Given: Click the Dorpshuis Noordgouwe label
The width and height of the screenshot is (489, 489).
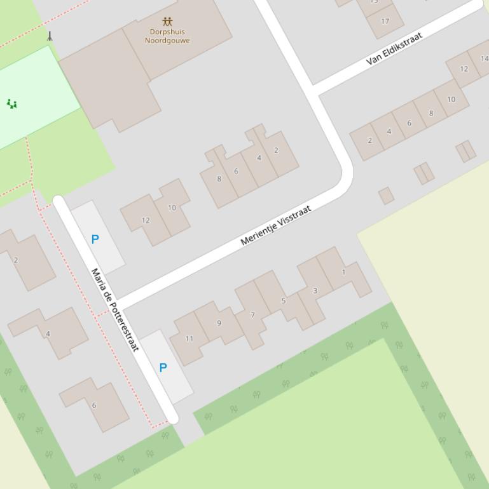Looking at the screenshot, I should [x=167, y=36].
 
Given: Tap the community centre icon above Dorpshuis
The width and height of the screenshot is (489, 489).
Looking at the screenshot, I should [x=167, y=22].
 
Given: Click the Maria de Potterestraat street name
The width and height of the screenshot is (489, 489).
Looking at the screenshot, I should [x=115, y=310].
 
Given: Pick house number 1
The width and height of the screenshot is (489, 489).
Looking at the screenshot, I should [x=343, y=272].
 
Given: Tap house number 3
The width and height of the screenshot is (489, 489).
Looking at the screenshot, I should [x=315, y=291].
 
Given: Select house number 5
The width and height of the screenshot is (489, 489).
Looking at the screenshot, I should [x=284, y=300].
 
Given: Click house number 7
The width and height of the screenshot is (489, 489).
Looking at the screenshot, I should [x=252, y=315].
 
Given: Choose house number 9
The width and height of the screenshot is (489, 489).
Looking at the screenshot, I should [x=219, y=323].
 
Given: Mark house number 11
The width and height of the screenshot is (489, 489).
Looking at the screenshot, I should [x=189, y=338].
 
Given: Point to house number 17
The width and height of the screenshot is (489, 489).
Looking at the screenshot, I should [x=385, y=21].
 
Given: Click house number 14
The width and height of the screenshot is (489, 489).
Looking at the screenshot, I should [x=485, y=59].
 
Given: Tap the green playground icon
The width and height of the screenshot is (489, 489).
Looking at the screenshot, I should [x=11, y=104].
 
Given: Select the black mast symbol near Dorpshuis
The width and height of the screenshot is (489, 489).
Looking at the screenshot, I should [x=50, y=36].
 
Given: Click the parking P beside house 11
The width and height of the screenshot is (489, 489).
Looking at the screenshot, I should [x=163, y=368].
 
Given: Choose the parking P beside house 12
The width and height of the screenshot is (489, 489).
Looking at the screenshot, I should [x=95, y=239].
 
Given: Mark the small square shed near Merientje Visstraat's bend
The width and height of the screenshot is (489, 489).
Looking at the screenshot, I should [x=386, y=196].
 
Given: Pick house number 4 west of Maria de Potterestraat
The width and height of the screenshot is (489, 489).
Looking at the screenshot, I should [x=48, y=333].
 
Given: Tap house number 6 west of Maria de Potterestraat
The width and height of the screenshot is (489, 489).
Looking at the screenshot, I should [x=94, y=405].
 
